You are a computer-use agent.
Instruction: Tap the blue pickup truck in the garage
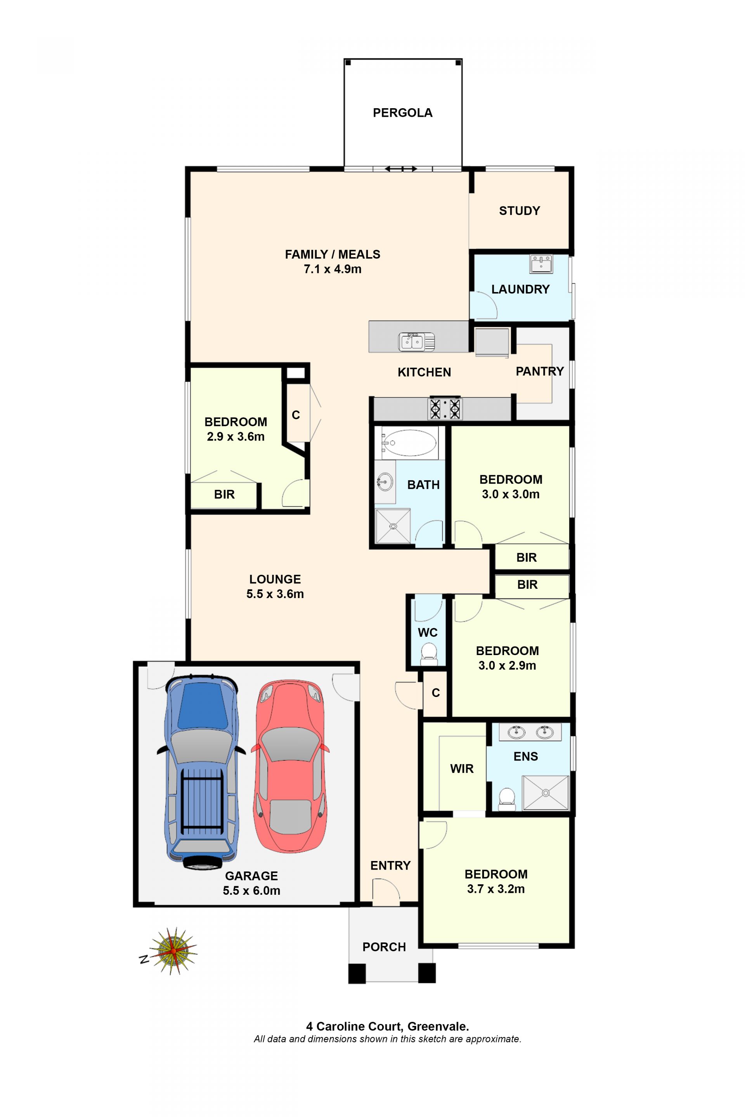201,772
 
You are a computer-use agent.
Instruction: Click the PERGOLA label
402,112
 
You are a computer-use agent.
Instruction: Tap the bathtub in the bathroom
409,443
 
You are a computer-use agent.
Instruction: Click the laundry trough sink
541,264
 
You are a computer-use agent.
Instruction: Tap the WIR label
462,768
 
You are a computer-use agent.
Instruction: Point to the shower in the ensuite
546,793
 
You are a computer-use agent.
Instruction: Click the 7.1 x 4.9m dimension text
333,269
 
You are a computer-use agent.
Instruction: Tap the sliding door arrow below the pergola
400,169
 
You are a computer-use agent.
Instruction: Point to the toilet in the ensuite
507,799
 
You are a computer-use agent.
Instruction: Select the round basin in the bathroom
385,482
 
